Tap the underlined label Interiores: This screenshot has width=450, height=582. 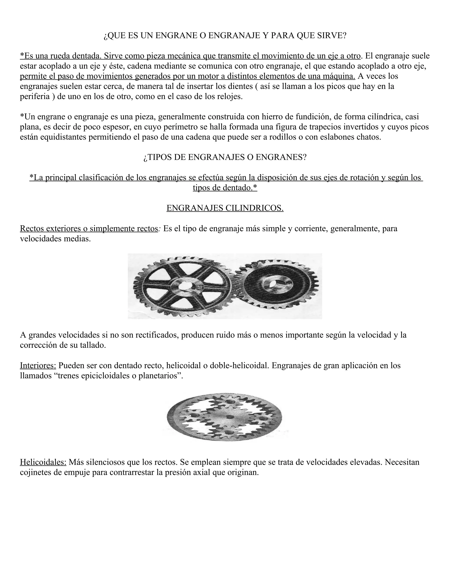pyautogui.click(x=38, y=365)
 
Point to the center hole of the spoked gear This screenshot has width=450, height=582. pyautogui.click(x=185, y=286)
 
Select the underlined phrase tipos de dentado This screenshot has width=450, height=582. pyautogui.click(x=225, y=188)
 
